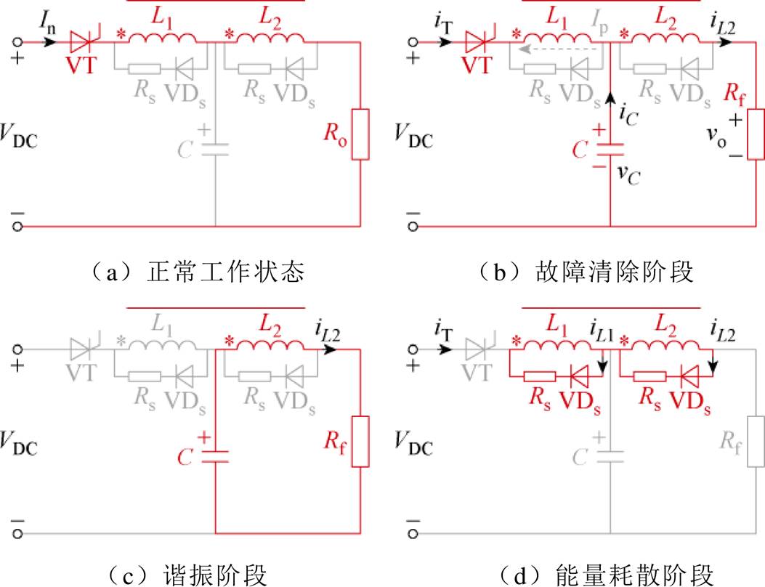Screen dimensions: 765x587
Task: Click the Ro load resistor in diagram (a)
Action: [360, 134]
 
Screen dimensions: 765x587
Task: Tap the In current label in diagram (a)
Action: [48, 22]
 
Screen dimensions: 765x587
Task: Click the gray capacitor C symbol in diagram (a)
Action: [215, 150]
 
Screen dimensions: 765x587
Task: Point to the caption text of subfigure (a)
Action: [198, 272]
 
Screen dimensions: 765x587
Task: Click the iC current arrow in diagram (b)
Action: [610, 103]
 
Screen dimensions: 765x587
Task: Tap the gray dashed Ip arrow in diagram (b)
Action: [559, 49]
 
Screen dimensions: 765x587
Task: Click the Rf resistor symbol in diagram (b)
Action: [756, 134]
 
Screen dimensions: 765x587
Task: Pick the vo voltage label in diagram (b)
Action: [717, 137]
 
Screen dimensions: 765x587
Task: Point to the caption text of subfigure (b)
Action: [586, 272]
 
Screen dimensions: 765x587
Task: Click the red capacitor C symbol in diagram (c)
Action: [215, 457]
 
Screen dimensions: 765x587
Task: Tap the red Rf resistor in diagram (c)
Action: [360, 442]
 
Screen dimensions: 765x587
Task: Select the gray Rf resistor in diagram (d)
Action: [756, 442]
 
